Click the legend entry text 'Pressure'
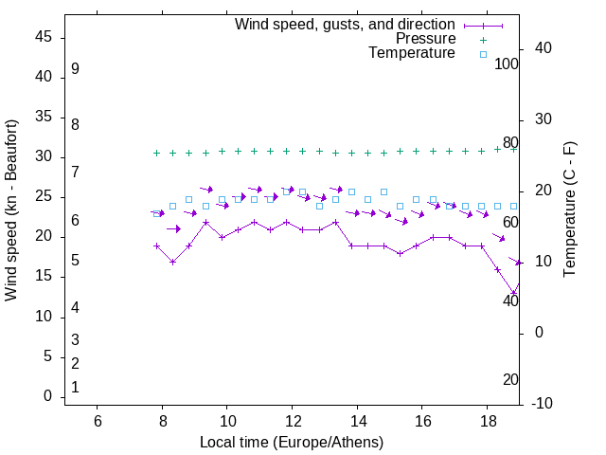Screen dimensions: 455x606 [x=425, y=39]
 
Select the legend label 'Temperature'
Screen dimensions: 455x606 [x=412, y=53]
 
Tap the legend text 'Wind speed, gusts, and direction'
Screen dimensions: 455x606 [x=346, y=25]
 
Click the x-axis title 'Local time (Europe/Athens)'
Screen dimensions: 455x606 [x=292, y=443]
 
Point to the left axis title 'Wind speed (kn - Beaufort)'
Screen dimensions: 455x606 [x=11, y=210]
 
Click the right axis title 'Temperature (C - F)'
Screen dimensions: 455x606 [x=569, y=210]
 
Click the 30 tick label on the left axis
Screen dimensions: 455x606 [x=44, y=157]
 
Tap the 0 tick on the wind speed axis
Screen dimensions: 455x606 [x=48, y=397]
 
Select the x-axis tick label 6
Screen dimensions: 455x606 [x=98, y=420]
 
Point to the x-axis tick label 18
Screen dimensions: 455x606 [x=487, y=420]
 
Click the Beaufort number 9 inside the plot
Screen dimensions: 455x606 [x=75, y=69]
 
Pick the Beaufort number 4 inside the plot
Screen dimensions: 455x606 [x=75, y=307]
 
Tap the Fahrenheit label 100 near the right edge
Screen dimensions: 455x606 [x=508, y=64]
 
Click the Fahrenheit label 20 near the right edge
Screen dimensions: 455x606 [x=510, y=379]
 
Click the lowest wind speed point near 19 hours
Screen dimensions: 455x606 [x=513, y=292]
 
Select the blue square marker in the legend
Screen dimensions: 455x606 [x=483, y=54]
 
